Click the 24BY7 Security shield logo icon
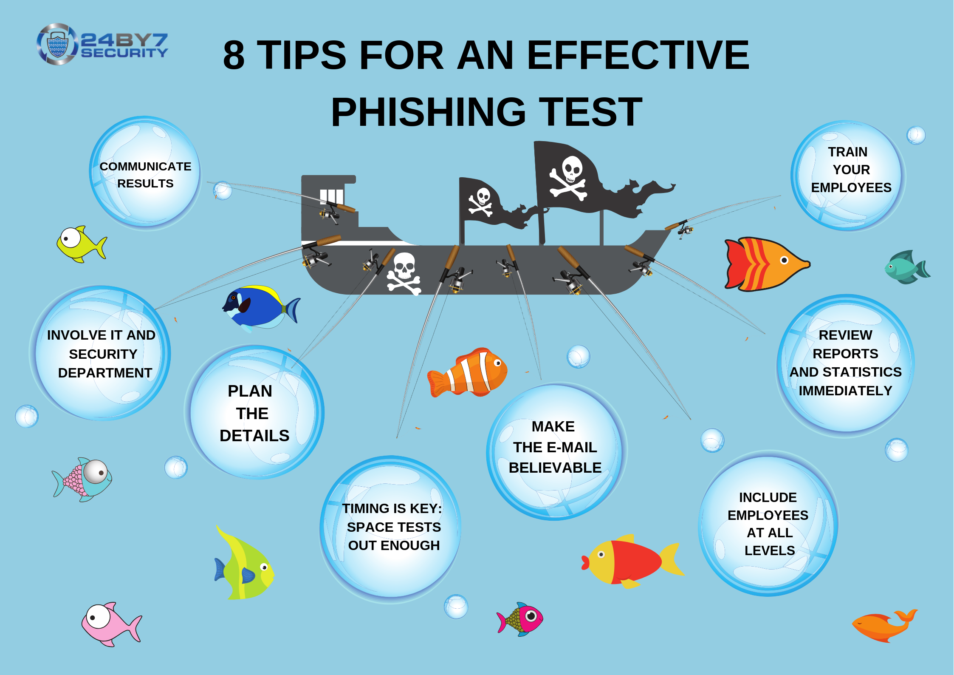click(x=57, y=44)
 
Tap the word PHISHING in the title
click(x=429, y=112)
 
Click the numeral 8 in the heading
click(x=234, y=55)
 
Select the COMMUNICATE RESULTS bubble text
click(x=145, y=175)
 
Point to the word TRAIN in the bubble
click(x=847, y=152)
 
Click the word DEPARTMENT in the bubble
click(x=105, y=373)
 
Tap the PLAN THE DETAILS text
click(x=254, y=413)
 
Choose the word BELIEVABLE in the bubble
click(x=555, y=468)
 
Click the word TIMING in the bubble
click(x=365, y=508)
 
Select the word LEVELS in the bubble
click(x=769, y=550)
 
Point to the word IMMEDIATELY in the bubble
click(x=845, y=391)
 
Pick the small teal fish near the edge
click(x=907, y=267)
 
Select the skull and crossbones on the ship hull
click(x=404, y=273)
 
